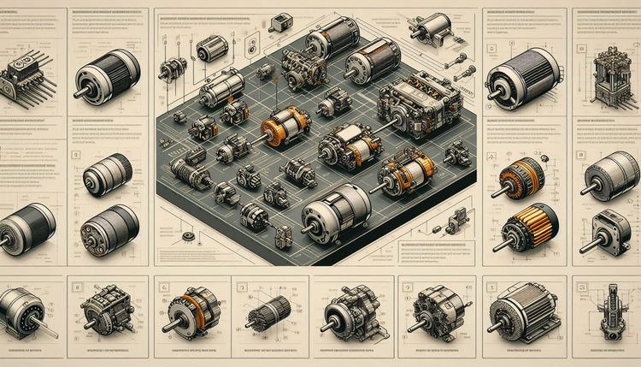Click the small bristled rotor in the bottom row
(x=271, y=311)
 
